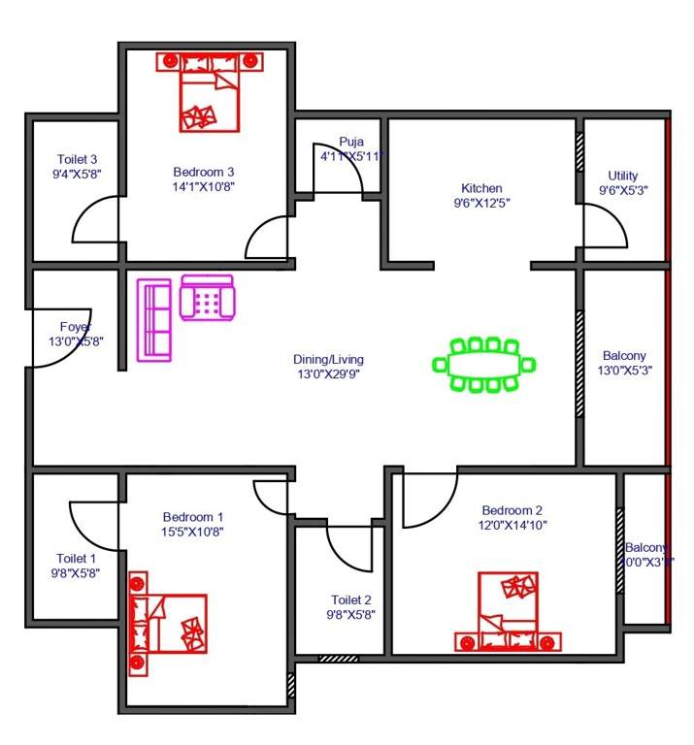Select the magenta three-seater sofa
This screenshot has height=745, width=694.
[x=154, y=319]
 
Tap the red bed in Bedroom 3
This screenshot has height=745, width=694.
[x=210, y=93]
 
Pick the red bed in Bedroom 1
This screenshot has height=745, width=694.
[x=170, y=623]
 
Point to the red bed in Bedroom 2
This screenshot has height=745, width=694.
[x=509, y=610]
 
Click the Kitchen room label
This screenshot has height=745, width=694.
[x=481, y=188]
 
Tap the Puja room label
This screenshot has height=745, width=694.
[x=350, y=141]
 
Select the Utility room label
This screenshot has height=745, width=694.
[x=623, y=176]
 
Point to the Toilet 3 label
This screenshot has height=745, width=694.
[x=77, y=159]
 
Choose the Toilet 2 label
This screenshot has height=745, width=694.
[x=350, y=599]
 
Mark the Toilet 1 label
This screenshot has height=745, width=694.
[x=77, y=559]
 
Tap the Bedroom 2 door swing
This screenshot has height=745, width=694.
[x=428, y=497]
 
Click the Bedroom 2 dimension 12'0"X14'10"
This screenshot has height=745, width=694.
[x=512, y=526]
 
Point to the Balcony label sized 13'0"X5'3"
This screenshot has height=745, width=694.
[x=623, y=370]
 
